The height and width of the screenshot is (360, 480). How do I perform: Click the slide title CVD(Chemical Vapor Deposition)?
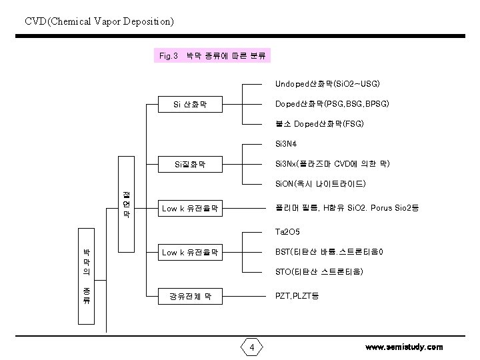99,21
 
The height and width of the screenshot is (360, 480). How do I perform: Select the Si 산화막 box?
189,104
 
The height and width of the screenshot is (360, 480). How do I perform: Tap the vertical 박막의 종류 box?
87,276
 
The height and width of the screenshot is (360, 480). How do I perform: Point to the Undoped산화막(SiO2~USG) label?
327,85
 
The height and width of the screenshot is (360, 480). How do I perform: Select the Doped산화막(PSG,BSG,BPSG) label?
332,105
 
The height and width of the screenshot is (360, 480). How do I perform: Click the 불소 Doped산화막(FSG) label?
319,125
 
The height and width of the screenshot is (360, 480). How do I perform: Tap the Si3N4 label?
285,144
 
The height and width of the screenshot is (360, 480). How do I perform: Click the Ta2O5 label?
287,232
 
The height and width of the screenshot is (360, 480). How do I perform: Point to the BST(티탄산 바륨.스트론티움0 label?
329,252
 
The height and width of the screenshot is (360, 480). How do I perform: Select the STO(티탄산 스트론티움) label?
319,272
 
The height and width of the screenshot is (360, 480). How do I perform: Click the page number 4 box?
251,347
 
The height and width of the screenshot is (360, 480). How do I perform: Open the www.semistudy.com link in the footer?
404,347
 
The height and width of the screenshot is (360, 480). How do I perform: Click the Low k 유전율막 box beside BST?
189,252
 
